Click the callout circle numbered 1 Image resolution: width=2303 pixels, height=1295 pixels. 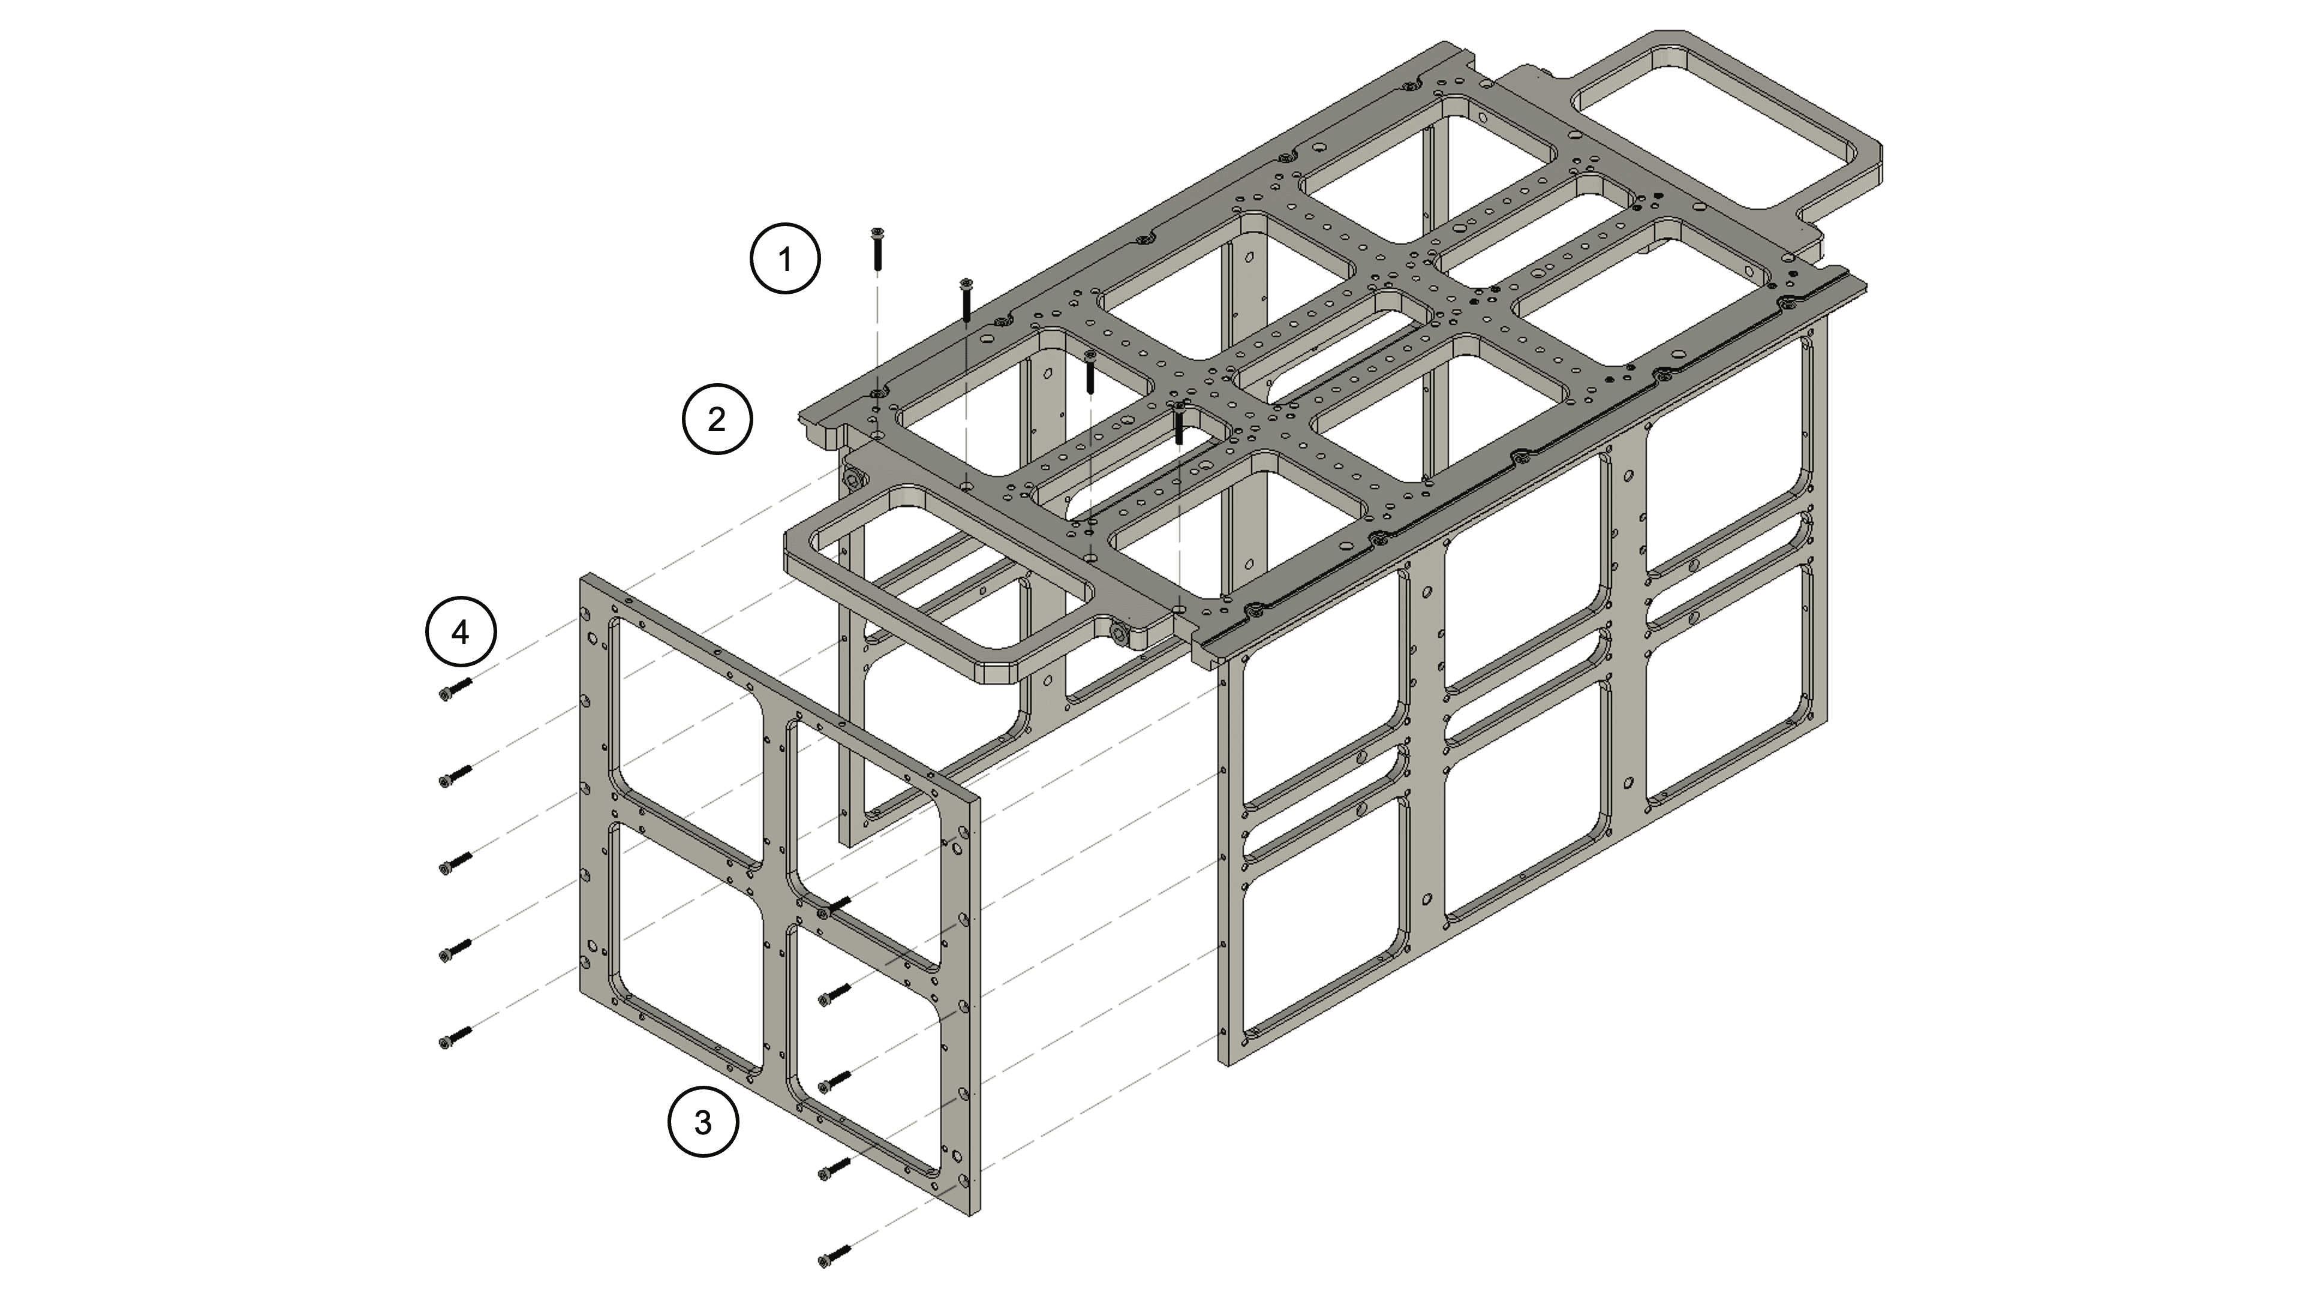click(785, 259)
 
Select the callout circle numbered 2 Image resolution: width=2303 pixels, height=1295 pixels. click(717, 419)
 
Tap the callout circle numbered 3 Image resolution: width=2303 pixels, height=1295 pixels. click(703, 1122)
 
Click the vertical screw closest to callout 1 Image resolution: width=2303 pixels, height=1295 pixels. click(877, 248)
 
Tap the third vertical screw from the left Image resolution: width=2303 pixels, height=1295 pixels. click(1090, 372)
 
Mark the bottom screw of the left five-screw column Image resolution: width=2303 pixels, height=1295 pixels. click(455, 1037)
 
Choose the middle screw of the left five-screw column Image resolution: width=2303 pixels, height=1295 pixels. click(455, 863)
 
